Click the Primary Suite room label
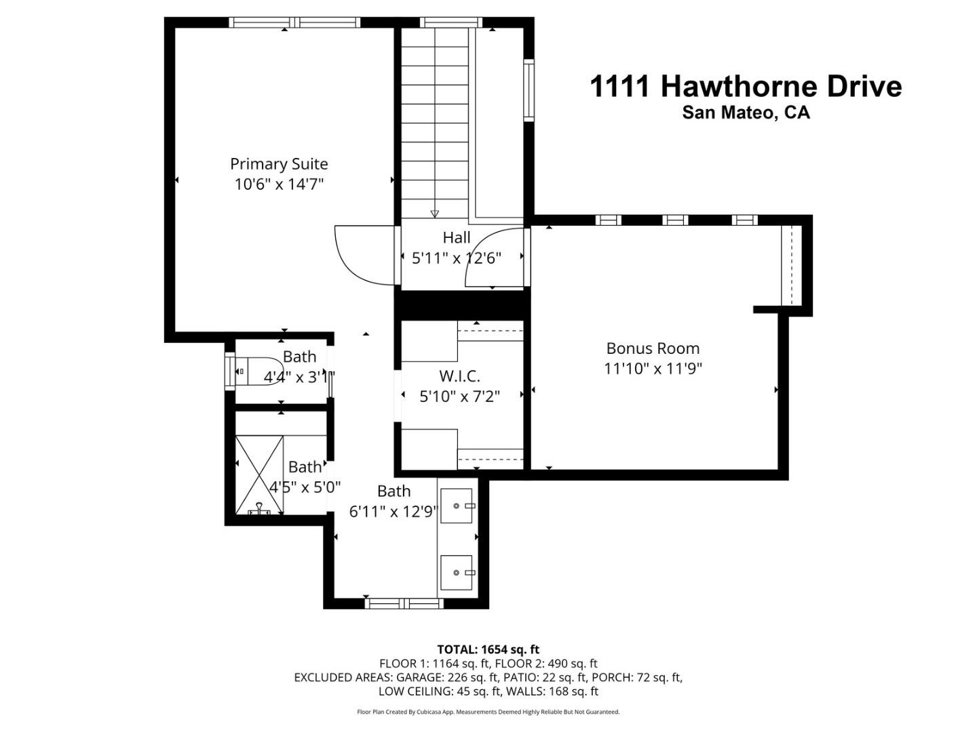pos(279,164)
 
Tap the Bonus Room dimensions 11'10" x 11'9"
pos(653,369)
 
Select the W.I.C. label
pos(459,375)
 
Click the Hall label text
pos(457,237)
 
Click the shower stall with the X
pos(259,474)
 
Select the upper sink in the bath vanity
pos(457,506)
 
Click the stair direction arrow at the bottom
pos(434,213)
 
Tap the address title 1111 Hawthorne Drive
pos(746,87)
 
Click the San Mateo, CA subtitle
pos(746,113)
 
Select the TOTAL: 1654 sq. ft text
pos(488,649)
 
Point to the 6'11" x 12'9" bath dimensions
pos(394,512)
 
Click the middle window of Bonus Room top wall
pos(675,220)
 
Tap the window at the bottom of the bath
pos(404,603)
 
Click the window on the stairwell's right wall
pos(529,90)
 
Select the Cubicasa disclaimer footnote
pos(488,712)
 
